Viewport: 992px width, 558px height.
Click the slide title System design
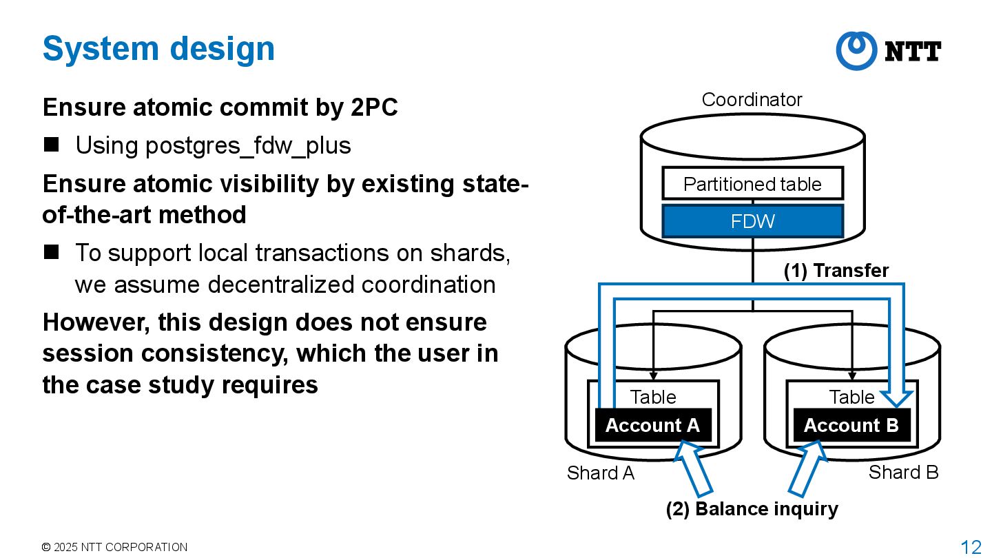click(158, 49)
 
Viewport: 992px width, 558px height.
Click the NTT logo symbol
click(856, 51)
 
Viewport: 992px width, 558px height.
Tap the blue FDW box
click(752, 221)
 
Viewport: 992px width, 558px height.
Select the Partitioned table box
click(752, 184)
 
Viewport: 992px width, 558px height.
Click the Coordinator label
click(752, 100)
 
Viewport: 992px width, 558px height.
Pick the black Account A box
click(652, 425)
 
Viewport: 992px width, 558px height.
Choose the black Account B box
click(851, 425)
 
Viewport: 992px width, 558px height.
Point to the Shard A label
click(600, 473)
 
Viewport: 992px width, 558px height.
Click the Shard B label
click(903, 472)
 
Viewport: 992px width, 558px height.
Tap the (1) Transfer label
click(836, 271)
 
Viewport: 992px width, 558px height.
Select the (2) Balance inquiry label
click(752, 509)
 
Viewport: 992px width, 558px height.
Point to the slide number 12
click(971, 547)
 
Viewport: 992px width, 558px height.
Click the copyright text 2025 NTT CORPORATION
click(114, 547)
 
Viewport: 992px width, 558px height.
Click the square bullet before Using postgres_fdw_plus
click(52, 145)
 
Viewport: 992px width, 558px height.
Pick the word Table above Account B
click(851, 397)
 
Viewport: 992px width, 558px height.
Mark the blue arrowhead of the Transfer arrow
click(897, 399)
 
